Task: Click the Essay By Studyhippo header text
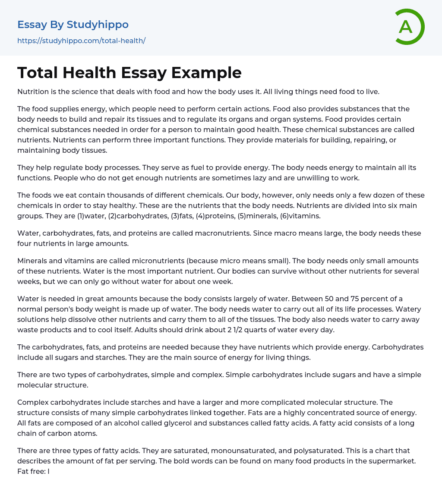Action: [73, 25]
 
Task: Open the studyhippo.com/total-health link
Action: [81, 41]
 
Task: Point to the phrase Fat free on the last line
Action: [32, 471]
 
